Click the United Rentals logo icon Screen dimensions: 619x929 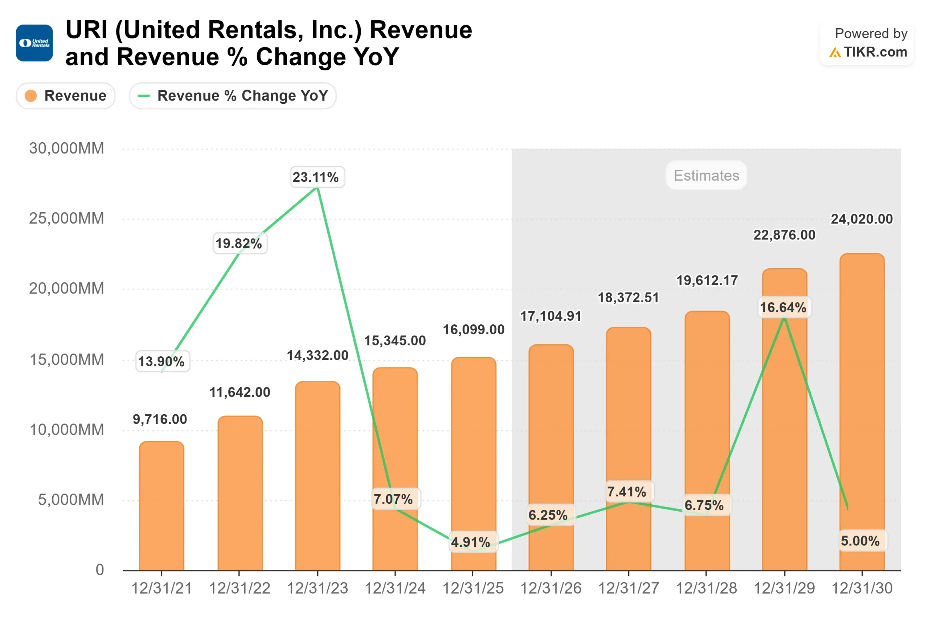tap(34, 43)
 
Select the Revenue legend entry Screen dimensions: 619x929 tap(66, 96)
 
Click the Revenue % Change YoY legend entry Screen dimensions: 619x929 tap(233, 96)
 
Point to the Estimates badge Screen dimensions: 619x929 tap(706, 175)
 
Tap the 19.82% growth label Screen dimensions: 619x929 tap(240, 243)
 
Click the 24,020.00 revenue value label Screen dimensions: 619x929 tap(862, 219)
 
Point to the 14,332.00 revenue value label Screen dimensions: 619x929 tap(318, 355)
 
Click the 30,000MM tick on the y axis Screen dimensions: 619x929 tap(67, 148)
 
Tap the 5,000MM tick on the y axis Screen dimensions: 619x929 tap(71, 500)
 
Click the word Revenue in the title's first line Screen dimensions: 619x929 tap(421, 30)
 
